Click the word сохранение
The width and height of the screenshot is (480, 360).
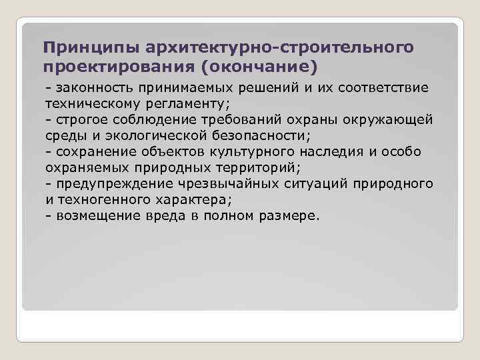(95, 152)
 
